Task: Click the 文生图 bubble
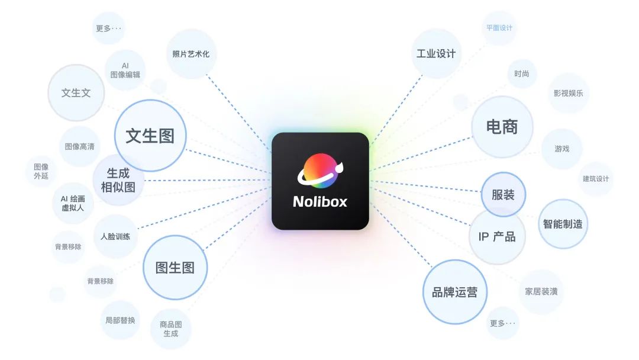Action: tap(150, 136)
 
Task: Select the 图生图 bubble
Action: tap(175, 267)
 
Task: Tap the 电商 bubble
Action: tap(502, 127)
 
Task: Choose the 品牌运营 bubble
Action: tap(454, 292)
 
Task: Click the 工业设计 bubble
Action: tap(435, 54)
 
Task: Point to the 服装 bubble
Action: tap(503, 195)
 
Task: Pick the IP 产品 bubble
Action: tap(497, 237)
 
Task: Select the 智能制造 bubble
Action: tap(563, 224)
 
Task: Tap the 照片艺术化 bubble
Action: tap(191, 54)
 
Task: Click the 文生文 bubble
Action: tap(76, 93)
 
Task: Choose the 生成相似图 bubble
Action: tap(118, 180)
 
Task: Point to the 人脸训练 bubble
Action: tap(115, 236)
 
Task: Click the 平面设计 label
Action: tap(499, 28)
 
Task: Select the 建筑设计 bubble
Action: tap(595, 178)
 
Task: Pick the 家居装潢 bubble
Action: tap(541, 291)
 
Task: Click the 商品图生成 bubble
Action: tap(170, 329)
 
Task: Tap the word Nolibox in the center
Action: tap(320, 202)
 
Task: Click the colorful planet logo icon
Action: tap(319, 171)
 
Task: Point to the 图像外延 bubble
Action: tap(41, 171)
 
